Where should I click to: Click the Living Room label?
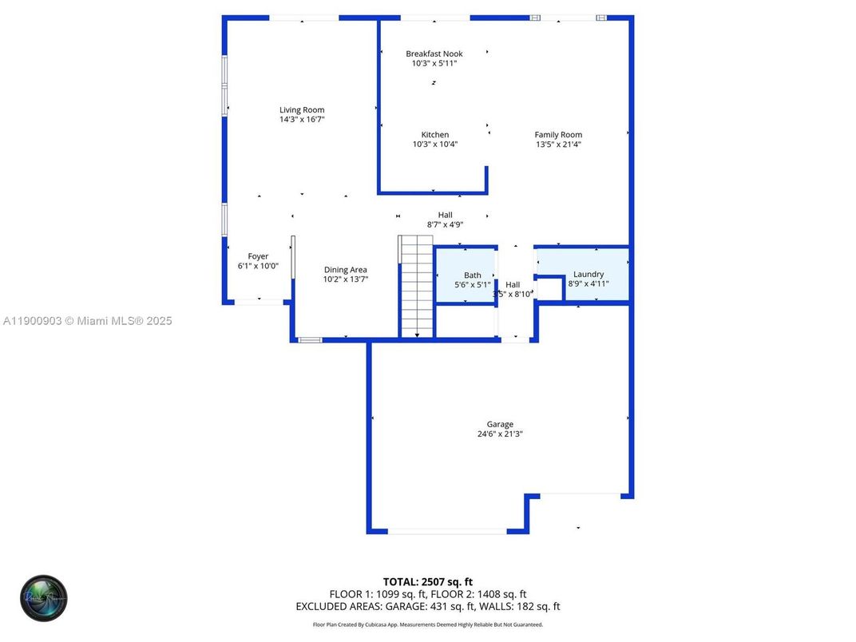pyautogui.click(x=302, y=110)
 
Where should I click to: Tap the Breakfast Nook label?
pyautogui.click(x=434, y=53)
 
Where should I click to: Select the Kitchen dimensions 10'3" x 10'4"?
pyautogui.click(x=435, y=145)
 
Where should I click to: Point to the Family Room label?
pyautogui.click(x=558, y=135)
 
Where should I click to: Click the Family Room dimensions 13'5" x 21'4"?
pyautogui.click(x=558, y=145)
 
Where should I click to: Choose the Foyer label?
pyautogui.click(x=258, y=256)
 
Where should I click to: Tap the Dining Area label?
pyautogui.click(x=345, y=270)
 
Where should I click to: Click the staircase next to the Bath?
pyautogui.click(x=417, y=287)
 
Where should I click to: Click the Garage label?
pyautogui.click(x=500, y=424)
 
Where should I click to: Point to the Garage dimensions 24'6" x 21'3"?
pyautogui.click(x=500, y=434)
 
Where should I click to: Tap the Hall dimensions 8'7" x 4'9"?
pyautogui.click(x=445, y=224)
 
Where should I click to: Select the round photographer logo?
pyautogui.click(x=44, y=598)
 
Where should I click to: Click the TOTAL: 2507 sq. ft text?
pyautogui.click(x=427, y=581)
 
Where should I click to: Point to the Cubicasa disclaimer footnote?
pyautogui.click(x=427, y=624)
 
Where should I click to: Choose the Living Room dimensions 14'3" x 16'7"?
pyautogui.click(x=302, y=119)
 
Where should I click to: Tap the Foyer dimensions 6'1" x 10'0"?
pyautogui.click(x=258, y=266)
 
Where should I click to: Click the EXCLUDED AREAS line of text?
pyautogui.click(x=427, y=607)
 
